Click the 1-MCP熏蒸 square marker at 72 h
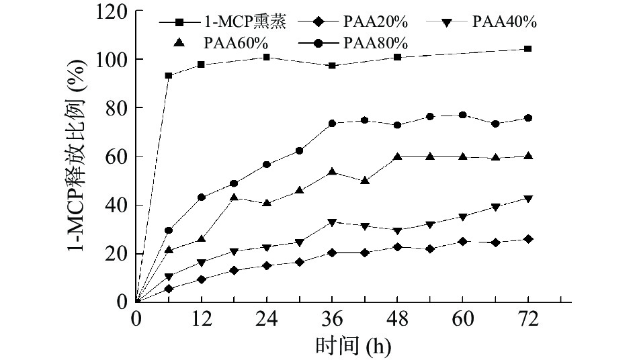point(528,48)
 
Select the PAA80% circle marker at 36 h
point(332,124)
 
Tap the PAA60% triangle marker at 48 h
point(397,156)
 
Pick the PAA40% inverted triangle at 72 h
point(528,199)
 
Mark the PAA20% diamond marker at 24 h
point(267,265)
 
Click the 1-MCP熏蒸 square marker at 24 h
point(267,57)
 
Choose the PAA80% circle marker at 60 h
point(462,115)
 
